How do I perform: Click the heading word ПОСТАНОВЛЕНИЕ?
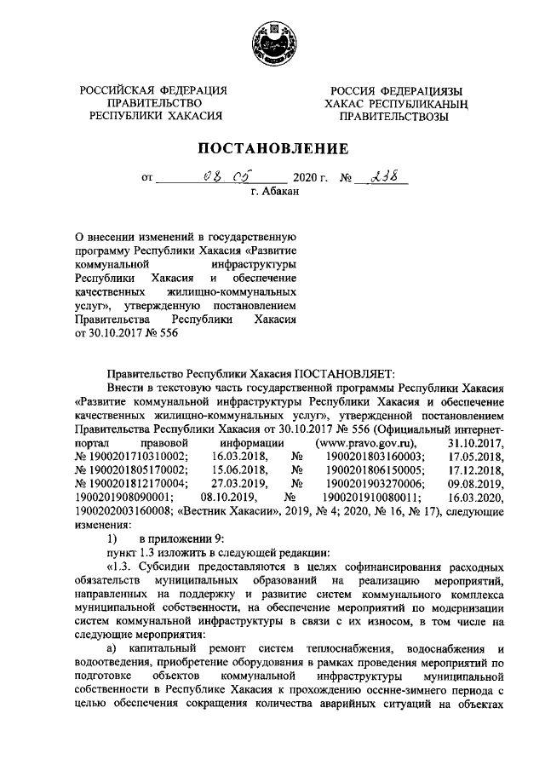click(272, 148)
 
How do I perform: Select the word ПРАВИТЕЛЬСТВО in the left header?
click(154, 102)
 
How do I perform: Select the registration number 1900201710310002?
click(130, 457)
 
